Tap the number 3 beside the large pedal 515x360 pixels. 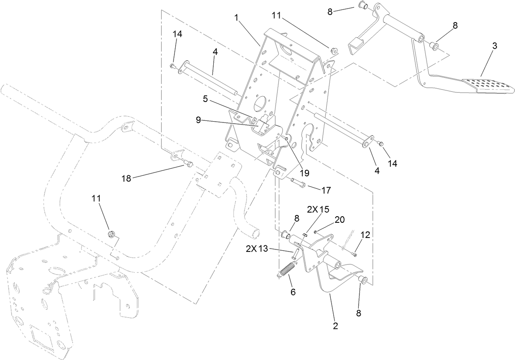[x=495, y=46]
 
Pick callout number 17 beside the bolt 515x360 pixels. [x=326, y=190]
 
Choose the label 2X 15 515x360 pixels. [x=318, y=209]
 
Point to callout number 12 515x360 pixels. [x=365, y=235]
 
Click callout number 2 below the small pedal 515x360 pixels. [x=335, y=326]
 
